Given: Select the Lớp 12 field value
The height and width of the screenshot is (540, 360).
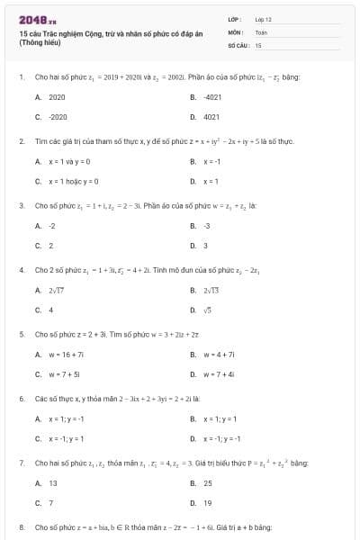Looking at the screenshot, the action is (263, 19).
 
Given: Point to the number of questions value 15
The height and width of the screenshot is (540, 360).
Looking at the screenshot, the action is (258, 44).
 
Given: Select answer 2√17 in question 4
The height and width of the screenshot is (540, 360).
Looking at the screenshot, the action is (57, 290).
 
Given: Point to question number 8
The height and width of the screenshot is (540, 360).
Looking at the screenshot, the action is (21, 526).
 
